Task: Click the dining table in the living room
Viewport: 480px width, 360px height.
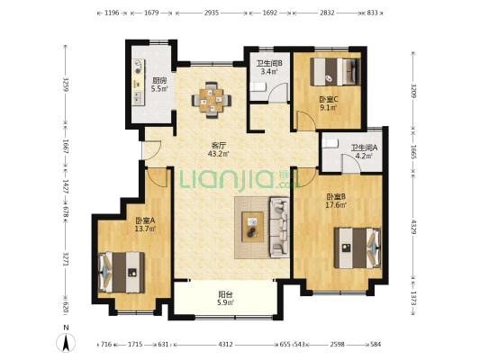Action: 212,100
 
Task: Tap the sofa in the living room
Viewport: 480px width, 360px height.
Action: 279,227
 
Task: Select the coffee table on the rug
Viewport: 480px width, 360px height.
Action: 252,227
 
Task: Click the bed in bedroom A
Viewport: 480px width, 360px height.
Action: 122,272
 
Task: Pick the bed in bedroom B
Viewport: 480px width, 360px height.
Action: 358,247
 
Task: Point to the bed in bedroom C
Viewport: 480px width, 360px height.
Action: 335,72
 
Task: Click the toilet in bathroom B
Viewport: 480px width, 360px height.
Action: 258,87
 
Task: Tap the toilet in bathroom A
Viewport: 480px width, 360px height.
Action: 331,143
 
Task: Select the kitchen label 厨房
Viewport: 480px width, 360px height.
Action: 159,81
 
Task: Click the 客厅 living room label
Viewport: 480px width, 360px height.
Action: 218,145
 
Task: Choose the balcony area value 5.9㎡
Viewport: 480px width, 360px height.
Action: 226,302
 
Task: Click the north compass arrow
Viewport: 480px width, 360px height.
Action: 66,343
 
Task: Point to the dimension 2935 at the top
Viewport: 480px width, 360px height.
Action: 212,13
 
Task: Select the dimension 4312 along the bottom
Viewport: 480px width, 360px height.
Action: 225,345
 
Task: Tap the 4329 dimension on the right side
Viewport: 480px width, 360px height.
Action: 413,227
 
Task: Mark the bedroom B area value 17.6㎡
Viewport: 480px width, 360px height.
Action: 336,204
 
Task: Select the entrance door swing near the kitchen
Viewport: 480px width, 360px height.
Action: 152,150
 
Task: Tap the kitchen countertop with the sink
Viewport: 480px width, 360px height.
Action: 138,82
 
